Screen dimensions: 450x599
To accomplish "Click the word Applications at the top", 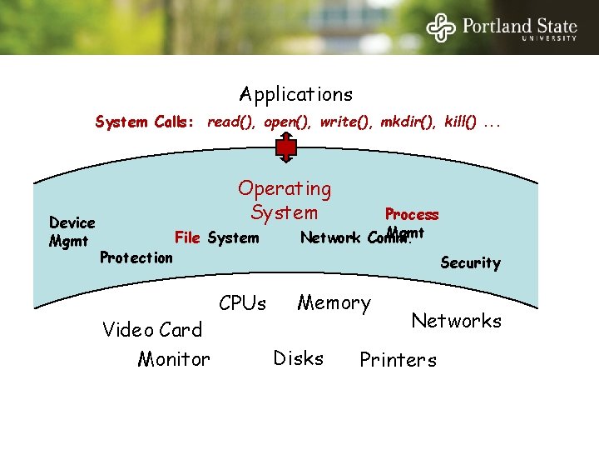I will point(295,94).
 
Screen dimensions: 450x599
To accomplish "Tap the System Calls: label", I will point(145,122).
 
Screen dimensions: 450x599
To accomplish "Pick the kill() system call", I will point(461,122).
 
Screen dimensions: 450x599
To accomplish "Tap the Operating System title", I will point(285,201).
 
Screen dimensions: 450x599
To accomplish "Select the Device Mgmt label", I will point(72,232).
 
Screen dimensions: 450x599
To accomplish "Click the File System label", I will point(216,237).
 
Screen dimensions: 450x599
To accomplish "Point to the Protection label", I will point(136,257).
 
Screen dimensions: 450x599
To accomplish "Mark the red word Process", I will point(411,214).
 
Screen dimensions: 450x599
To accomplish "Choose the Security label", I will point(470,262).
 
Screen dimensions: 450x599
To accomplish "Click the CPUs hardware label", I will point(242,303).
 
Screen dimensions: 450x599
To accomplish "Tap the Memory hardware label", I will point(334,302).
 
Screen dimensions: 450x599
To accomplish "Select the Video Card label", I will point(151,330).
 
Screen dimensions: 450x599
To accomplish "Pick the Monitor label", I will point(174,359).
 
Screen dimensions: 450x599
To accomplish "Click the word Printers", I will point(398,360).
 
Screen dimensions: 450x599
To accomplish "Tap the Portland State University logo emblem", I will point(441,27).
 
